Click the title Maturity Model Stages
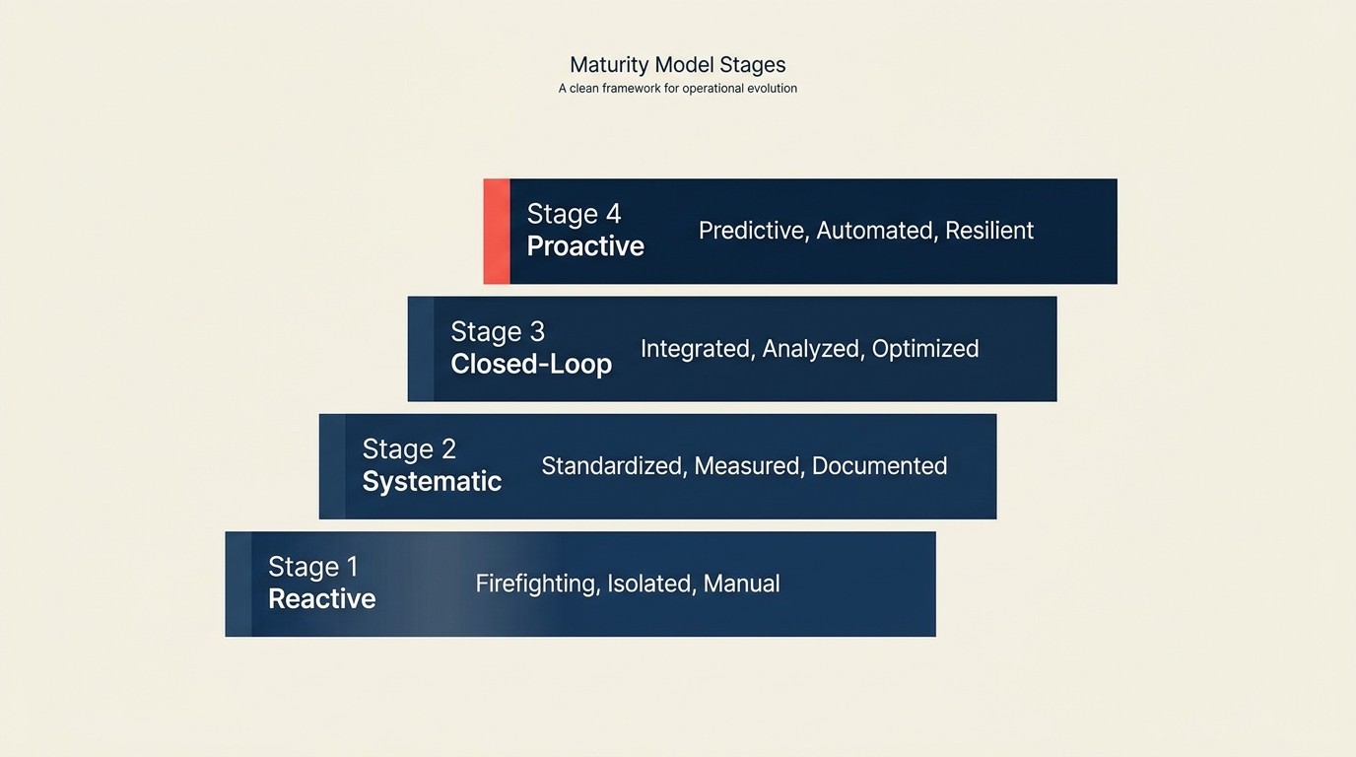(x=677, y=65)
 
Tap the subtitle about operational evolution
(x=677, y=89)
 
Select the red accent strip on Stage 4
(x=497, y=232)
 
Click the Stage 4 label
(x=574, y=214)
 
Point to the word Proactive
(x=585, y=246)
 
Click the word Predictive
(x=753, y=231)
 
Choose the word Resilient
(x=989, y=231)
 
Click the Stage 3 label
(x=498, y=331)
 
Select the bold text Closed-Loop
(x=531, y=364)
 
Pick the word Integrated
(x=697, y=349)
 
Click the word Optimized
(x=925, y=349)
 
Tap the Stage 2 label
(x=409, y=449)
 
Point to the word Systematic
(x=432, y=481)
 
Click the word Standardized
(x=613, y=466)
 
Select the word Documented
(x=879, y=466)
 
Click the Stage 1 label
(x=312, y=567)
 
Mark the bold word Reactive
(x=321, y=599)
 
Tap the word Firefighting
(x=537, y=584)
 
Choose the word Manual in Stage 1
(x=741, y=584)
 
